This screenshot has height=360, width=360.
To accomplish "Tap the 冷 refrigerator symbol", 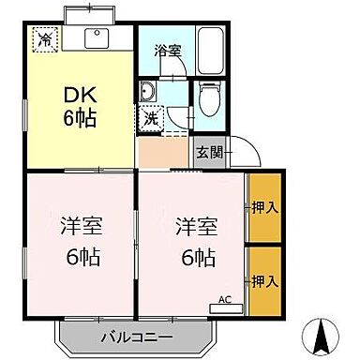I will (x=43, y=39).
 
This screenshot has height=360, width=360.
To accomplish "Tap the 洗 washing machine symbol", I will (x=151, y=119).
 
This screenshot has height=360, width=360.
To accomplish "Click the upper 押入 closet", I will (x=264, y=206).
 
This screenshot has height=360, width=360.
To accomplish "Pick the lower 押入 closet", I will (x=264, y=280).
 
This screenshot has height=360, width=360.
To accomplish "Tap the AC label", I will (x=224, y=299).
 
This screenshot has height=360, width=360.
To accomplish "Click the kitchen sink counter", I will (x=95, y=40).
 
